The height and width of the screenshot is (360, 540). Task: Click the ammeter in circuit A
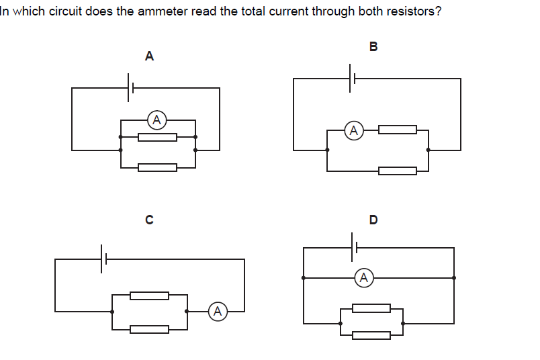[156, 120]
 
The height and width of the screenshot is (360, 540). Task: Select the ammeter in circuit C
[217, 311]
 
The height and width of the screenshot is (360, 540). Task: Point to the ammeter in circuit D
[363, 277]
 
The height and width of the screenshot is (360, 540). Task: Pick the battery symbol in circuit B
[352, 79]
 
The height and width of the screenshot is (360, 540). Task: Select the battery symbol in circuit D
[353, 248]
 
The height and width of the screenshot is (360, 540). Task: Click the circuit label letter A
[149, 56]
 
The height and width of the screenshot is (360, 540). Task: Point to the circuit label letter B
[373, 46]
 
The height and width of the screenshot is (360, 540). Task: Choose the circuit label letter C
[149, 219]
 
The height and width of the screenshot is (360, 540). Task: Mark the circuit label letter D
[373, 219]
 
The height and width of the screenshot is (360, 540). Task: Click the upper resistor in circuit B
[398, 130]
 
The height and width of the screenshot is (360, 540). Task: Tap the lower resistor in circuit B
[398, 171]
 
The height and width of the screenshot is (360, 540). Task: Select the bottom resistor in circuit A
[158, 167]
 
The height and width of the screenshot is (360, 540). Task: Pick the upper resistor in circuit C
[149, 296]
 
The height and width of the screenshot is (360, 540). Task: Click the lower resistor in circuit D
[371, 335]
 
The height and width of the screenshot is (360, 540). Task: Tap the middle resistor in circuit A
[158, 137]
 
